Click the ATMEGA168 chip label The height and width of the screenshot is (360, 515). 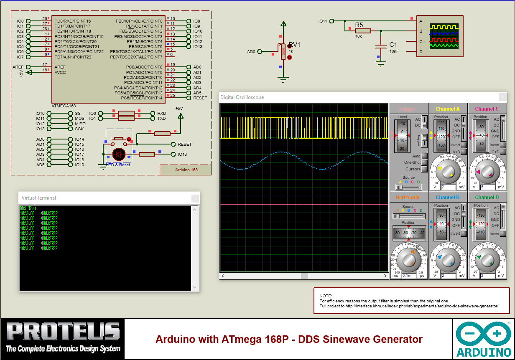point(64,106)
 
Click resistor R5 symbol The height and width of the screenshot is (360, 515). point(362,30)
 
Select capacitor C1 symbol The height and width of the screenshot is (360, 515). point(380,47)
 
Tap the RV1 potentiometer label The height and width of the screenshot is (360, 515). point(294,45)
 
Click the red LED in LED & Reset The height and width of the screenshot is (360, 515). point(119,154)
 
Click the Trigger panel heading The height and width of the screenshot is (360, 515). point(407,109)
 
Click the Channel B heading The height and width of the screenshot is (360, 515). point(447,198)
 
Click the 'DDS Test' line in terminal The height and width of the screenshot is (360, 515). point(28,208)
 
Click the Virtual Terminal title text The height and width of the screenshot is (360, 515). point(39,198)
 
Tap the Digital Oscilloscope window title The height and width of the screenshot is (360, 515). point(242,97)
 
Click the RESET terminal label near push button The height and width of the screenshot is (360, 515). point(184,145)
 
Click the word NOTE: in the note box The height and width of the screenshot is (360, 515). point(326,296)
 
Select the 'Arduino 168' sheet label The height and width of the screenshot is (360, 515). point(186,170)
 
